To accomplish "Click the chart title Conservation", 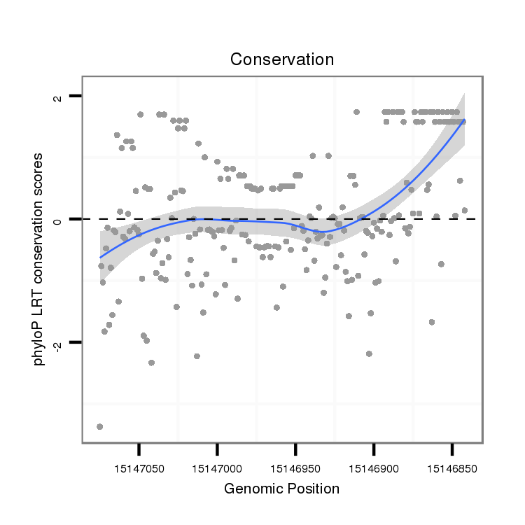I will click(282, 59).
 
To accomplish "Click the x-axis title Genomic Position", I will click(281, 489).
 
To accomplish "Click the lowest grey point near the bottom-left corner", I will click(99, 426).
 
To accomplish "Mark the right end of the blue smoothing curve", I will click(464, 120).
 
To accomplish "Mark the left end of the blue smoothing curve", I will click(100, 258).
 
